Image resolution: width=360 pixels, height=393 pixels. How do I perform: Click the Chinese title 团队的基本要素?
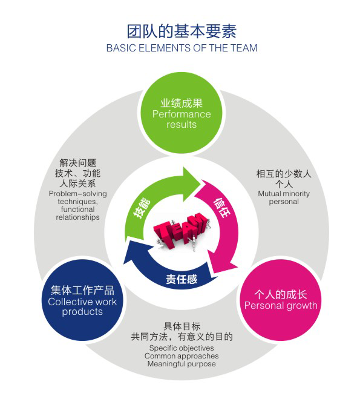coord(182,31)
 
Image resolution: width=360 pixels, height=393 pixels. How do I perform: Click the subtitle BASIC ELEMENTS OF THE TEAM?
coord(182,48)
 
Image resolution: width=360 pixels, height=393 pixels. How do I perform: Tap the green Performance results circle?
coord(182,113)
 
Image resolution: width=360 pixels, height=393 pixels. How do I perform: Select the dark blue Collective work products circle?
coord(82,300)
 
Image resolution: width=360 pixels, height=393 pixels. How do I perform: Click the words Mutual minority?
coord(284,194)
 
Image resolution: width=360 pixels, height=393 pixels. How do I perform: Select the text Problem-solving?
coord(77,194)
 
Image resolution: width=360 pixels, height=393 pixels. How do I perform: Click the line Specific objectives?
coord(182,348)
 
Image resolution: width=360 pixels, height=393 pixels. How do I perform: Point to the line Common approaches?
coord(182,356)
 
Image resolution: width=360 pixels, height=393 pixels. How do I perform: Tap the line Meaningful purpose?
coord(182,364)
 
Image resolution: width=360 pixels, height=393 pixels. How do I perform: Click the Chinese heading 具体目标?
coord(182,326)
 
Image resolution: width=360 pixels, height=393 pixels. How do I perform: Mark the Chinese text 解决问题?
coord(78,163)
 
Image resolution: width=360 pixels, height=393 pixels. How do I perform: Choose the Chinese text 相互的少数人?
coord(284,174)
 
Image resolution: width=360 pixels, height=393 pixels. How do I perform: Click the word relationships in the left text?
coord(77,217)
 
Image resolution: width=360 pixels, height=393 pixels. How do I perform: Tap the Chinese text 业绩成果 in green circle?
coord(182,103)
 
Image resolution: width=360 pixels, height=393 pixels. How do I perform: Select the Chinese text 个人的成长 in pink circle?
coord(281,294)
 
